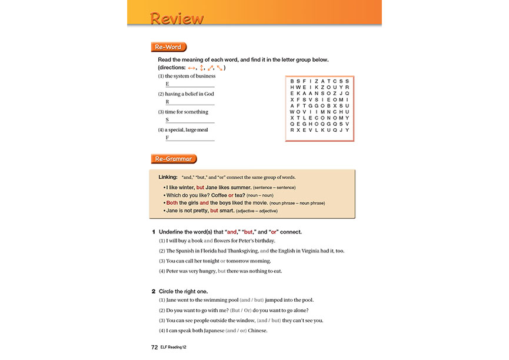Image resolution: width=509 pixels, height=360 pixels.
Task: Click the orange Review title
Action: [177, 18]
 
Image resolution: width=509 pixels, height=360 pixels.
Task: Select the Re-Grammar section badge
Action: [174, 159]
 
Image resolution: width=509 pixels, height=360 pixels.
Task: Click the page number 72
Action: [155, 348]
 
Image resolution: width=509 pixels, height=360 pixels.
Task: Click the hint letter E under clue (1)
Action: [168, 84]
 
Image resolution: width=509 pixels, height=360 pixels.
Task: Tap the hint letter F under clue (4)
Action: [168, 138]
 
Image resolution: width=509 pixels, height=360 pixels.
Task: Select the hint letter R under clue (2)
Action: [168, 102]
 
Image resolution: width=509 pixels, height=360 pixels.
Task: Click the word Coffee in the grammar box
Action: [215, 195]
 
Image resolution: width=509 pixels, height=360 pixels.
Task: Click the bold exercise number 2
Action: [154, 291]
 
